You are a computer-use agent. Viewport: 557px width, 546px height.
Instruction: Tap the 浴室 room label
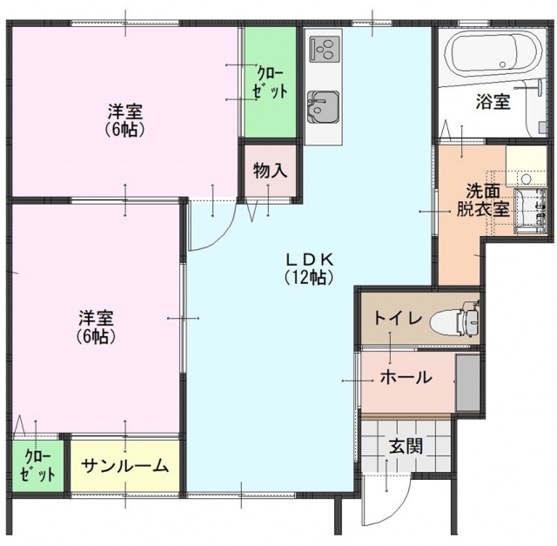493,102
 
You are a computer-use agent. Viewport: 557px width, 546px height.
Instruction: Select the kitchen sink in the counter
323,105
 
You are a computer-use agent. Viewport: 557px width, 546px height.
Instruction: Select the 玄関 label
406,447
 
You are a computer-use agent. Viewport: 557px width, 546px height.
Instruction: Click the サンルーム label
125,466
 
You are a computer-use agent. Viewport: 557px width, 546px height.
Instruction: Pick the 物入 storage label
270,170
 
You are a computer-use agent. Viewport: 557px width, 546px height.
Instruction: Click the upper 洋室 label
125,120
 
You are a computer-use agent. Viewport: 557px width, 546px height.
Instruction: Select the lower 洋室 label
96,327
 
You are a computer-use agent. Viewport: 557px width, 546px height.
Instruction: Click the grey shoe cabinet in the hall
466,383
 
